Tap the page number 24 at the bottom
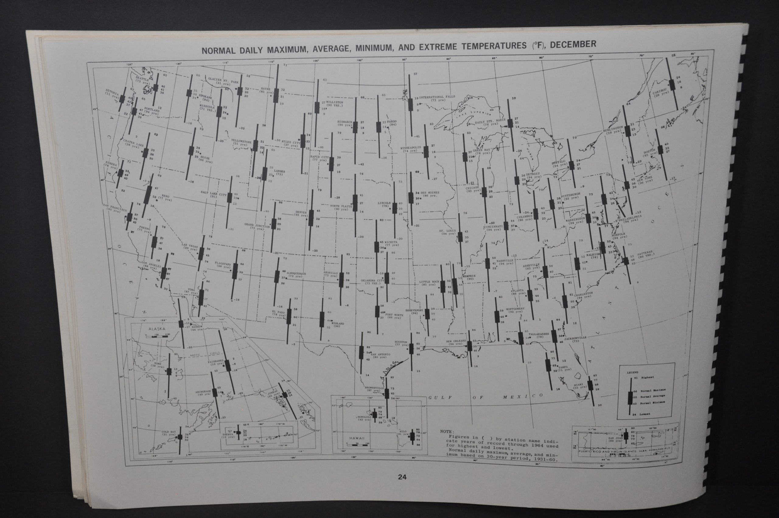402,486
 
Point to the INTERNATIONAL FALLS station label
437,97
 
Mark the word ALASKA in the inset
156,329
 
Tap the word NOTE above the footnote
447,431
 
